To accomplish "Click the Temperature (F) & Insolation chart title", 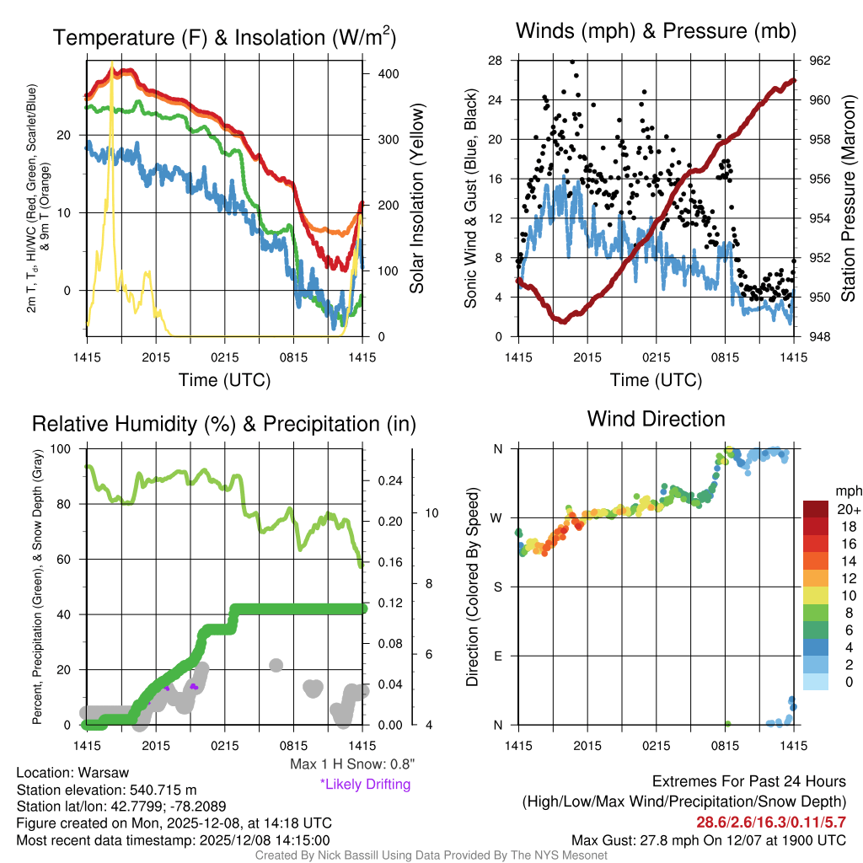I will click(x=224, y=38).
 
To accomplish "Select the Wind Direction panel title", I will click(x=656, y=418).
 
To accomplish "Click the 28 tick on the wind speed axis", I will click(x=495, y=61).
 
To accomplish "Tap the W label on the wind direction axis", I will click(x=497, y=517).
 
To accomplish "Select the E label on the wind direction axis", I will click(x=498, y=656).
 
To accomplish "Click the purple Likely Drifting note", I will click(x=365, y=785).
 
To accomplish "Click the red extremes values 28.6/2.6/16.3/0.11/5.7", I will click(x=770, y=822).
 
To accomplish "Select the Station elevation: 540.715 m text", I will click(x=106, y=790).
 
